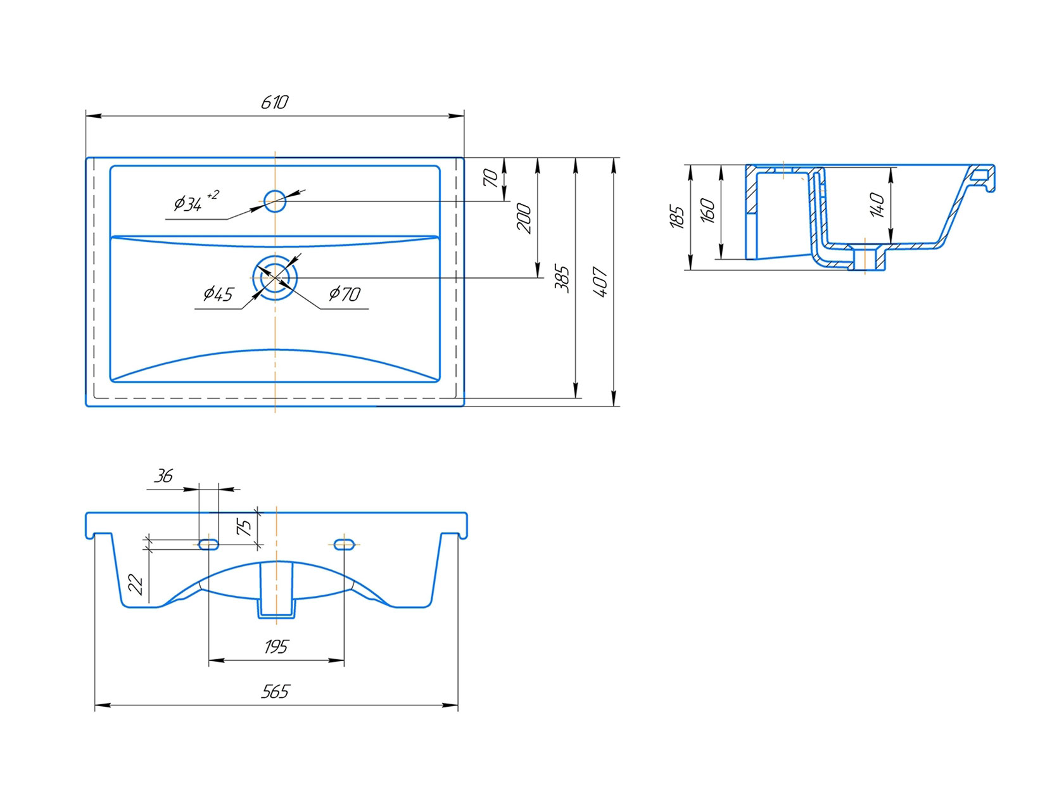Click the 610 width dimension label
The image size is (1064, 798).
(274, 102)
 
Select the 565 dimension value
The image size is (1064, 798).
(275, 692)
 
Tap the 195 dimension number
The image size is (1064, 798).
(276, 647)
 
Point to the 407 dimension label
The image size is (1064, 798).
(600, 281)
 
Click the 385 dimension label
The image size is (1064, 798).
(562, 279)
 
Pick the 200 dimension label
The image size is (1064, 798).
(524, 218)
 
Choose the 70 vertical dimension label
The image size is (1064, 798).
(491, 178)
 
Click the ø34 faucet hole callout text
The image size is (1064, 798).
(196, 201)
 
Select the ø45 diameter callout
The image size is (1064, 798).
(218, 294)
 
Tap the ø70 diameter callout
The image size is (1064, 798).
(345, 293)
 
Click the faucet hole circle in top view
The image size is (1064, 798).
(275, 201)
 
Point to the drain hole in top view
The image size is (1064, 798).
(275, 277)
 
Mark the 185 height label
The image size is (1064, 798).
(676, 217)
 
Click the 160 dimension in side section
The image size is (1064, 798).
(707, 210)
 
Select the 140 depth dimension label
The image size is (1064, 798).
(877, 205)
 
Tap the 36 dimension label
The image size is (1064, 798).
(163, 476)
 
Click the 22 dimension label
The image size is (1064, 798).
(136, 585)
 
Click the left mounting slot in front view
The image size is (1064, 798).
(209, 544)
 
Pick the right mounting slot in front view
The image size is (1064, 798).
(344, 544)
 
